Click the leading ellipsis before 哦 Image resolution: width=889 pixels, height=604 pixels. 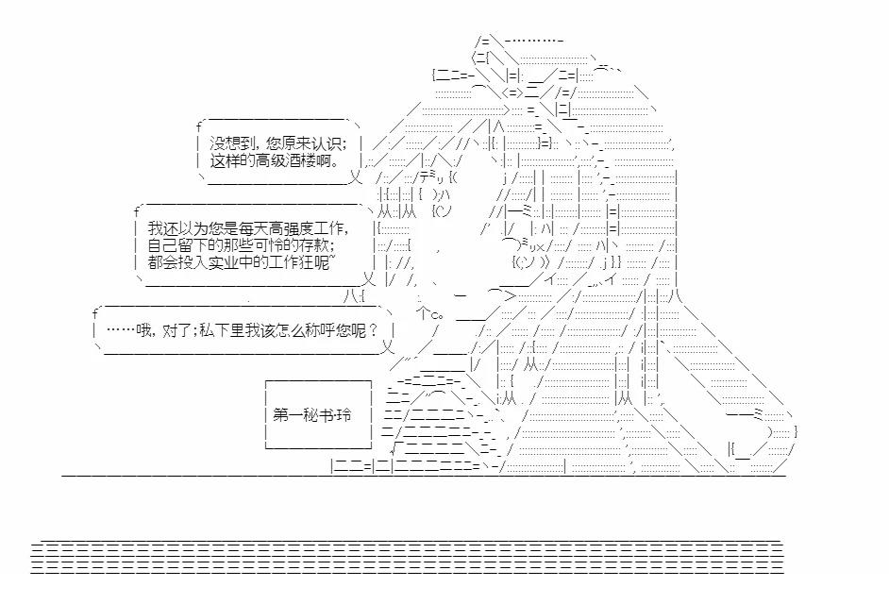121,330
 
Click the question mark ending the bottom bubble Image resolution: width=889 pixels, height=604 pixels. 375,330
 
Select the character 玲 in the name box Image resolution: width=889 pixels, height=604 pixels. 342,415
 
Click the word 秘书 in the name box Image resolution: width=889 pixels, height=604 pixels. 311,415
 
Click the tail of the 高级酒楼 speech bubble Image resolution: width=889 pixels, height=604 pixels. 355,175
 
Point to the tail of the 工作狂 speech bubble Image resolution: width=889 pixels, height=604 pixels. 370,278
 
